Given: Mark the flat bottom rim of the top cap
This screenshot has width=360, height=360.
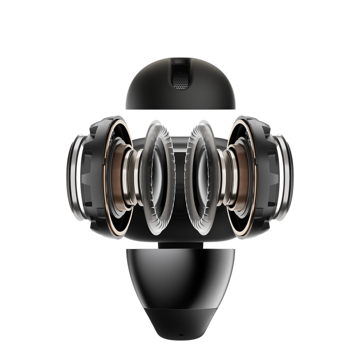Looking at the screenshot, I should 180,109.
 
